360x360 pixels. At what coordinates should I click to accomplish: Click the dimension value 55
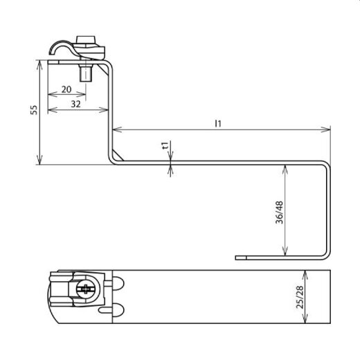pyautogui.click(x=33, y=111)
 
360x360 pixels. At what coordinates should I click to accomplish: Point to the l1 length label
pyautogui.click(x=218, y=123)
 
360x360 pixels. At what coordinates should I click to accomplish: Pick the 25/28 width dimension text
pyautogui.click(x=299, y=298)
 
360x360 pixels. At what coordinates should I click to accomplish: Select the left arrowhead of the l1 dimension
pyautogui.click(x=115, y=129)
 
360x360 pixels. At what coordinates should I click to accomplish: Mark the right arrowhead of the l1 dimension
pyautogui.click(x=327, y=129)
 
